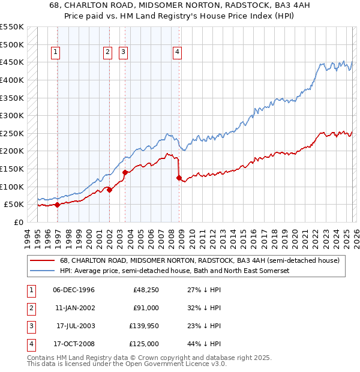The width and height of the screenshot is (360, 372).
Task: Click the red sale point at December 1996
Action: tap(57, 205)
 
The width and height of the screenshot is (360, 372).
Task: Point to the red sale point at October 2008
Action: tap(179, 178)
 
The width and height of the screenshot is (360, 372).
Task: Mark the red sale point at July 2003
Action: tap(125, 172)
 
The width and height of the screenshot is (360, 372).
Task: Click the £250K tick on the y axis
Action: tap(12, 133)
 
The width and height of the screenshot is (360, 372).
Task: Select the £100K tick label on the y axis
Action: tap(12, 187)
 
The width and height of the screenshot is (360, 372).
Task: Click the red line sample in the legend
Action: tap(42, 261)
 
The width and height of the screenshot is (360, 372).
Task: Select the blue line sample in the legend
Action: tap(42, 271)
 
